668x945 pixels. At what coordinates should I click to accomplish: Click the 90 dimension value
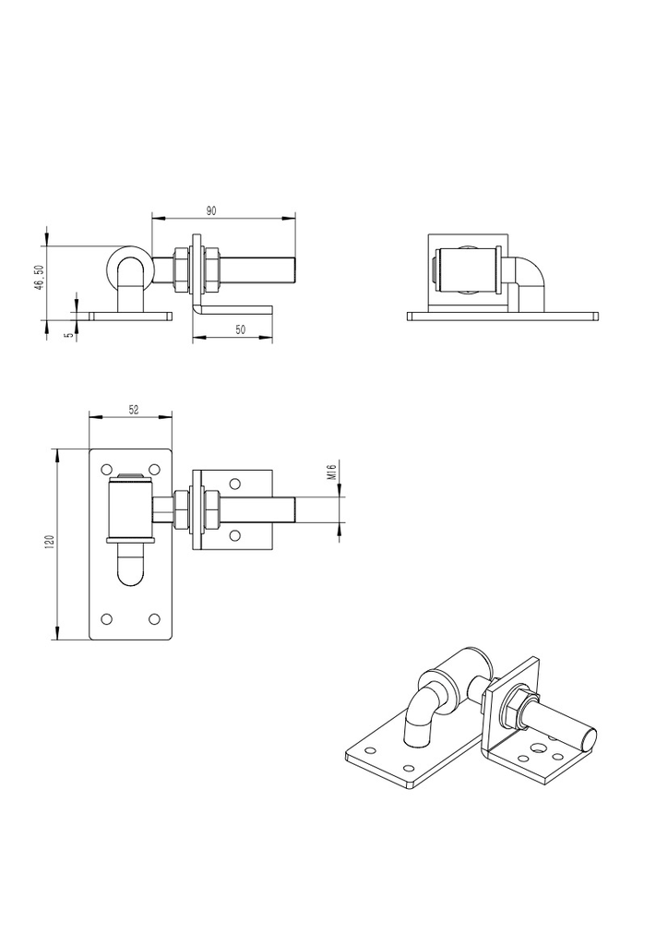pos(210,210)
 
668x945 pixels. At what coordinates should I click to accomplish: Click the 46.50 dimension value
pos(39,278)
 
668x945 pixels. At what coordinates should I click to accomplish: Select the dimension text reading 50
pos(240,329)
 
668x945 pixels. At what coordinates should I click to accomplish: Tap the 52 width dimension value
pos(134,409)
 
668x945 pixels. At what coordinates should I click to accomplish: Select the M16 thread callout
pos(331,471)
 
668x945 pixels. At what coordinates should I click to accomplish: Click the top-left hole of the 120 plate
pos(107,469)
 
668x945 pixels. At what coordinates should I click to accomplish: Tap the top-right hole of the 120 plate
pos(154,469)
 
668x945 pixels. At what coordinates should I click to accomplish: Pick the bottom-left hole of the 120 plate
pos(107,618)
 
